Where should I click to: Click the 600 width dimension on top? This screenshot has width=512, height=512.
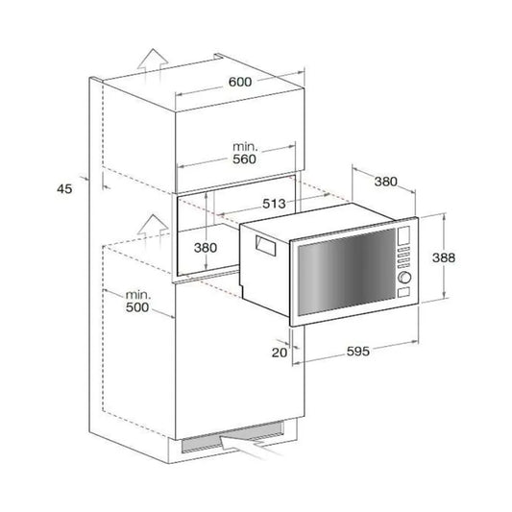tap(239, 83)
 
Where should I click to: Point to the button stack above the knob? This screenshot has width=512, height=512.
tap(404, 258)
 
